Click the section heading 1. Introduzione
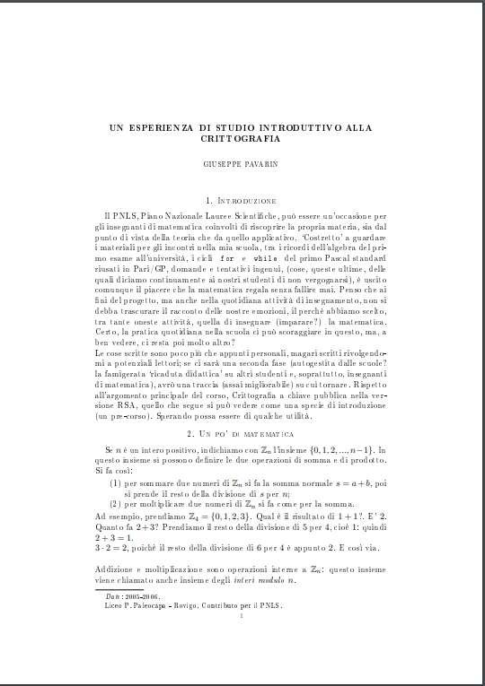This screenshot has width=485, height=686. click(242, 200)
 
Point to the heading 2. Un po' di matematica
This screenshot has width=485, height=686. click(242, 432)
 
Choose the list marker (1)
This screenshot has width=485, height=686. click(116, 483)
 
